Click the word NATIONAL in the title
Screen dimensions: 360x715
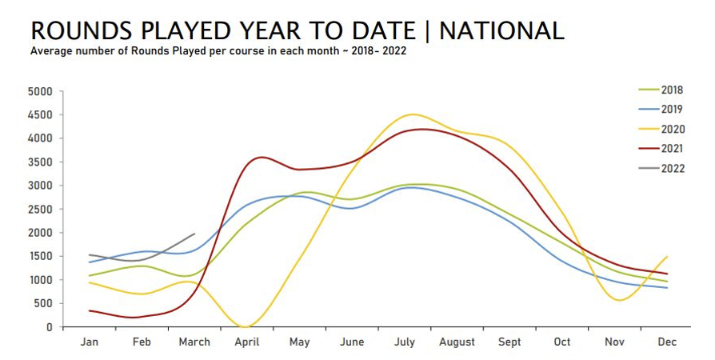click(501, 30)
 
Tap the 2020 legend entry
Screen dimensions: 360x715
click(672, 129)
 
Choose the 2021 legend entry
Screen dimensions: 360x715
click(672, 148)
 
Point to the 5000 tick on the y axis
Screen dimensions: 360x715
click(39, 91)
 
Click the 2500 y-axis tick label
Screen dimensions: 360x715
click(39, 209)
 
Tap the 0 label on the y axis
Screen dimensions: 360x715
click(49, 327)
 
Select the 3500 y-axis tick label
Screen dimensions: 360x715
click(39, 162)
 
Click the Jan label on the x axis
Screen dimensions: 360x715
click(89, 342)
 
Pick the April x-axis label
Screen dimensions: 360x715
click(246, 342)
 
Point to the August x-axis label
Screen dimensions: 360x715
click(457, 342)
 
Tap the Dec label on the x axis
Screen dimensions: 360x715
click(667, 342)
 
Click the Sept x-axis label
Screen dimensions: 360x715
click(509, 342)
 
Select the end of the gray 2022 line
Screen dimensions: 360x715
click(194, 234)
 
